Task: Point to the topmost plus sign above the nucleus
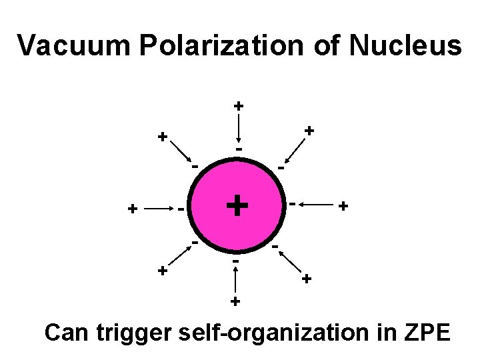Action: click(x=239, y=105)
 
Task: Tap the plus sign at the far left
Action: click(x=133, y=209)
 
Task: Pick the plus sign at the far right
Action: click(x=343, y=207)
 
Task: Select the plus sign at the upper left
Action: click(x=161, y=137)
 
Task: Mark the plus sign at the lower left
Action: click(x=161, y=271)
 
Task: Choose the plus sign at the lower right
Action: click(x=306, y=278)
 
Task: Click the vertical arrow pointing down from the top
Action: click(x=239, y=127)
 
